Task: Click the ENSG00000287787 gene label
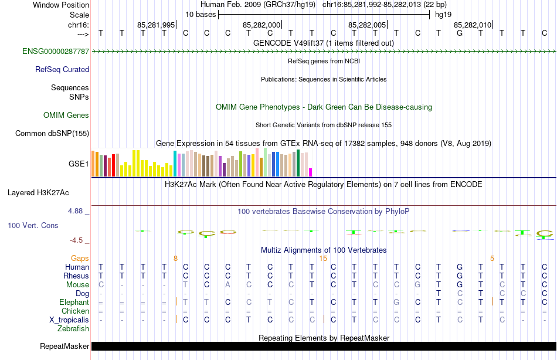pos(56,52)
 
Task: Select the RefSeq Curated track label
pos(62,69)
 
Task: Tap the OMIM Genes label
pos(66,115)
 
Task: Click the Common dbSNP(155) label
pos(52,133)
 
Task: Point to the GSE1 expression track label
pos(79,164)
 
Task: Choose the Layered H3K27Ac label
pos(38,192)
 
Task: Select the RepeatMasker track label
pos(64,346)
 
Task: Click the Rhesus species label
pos(77,276)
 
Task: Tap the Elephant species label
pos(74,302)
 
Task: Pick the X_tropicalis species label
pos(69,320)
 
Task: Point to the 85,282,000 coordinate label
pos(261,25)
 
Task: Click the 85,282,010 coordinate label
pos(473,25)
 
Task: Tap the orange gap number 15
pos(323,258)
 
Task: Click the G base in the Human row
pos(459,267)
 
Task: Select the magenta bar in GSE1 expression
pos(311,172)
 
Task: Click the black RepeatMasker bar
pos(322,346)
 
